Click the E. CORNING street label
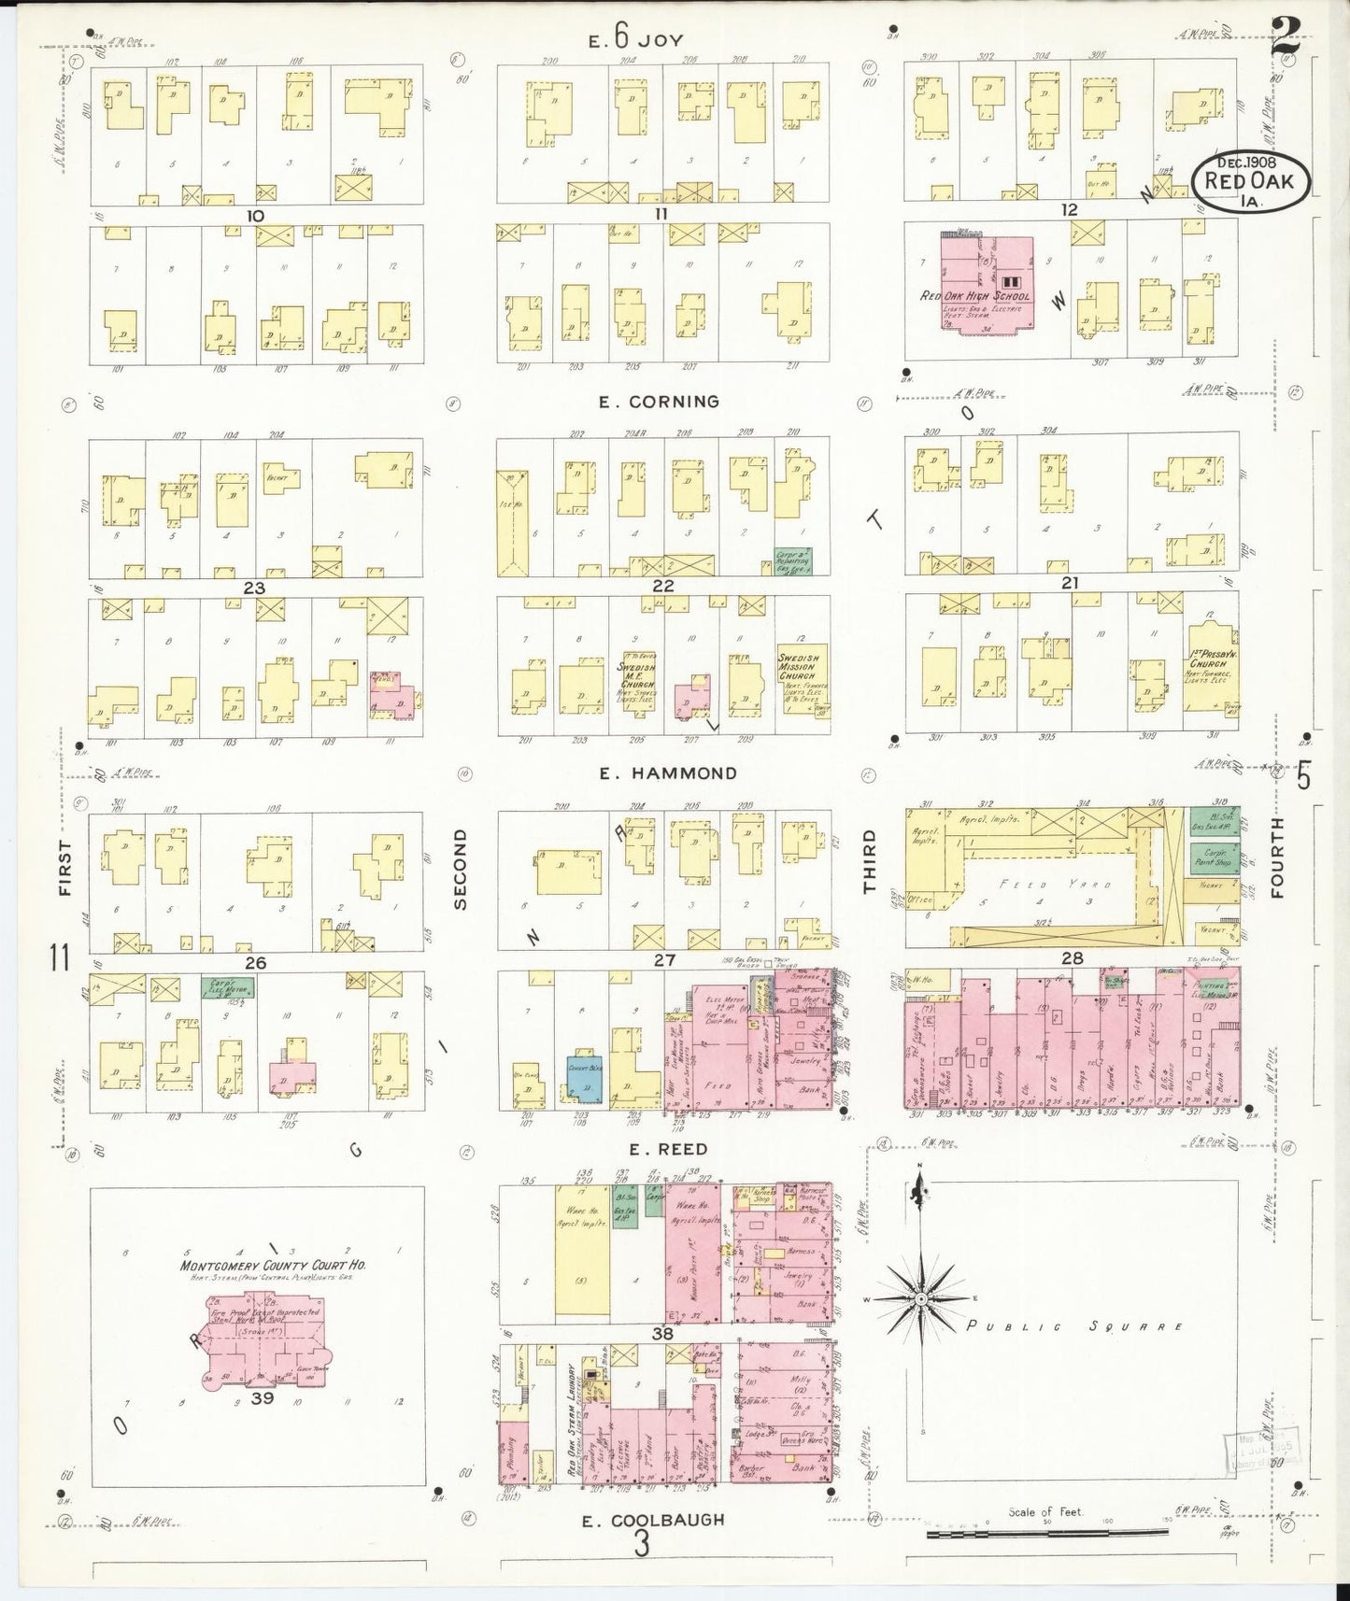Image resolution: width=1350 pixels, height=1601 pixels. coord(659,402)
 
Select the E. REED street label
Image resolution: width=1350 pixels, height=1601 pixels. coord(667,1150)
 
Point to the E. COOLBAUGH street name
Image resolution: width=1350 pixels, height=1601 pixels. coord(653,1520)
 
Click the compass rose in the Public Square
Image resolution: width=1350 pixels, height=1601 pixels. coord(920,1299)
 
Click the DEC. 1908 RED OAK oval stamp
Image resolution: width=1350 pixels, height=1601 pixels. coord(1249,176)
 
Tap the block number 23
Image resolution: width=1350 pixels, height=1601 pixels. coord(255,588)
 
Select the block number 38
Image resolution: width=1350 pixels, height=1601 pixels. coord(662,1335)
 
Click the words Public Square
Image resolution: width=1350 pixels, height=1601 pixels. coord(1074,1326)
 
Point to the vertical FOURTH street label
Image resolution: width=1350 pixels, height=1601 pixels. coord(1278,857)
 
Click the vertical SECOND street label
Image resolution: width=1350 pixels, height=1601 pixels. coord(459,868)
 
